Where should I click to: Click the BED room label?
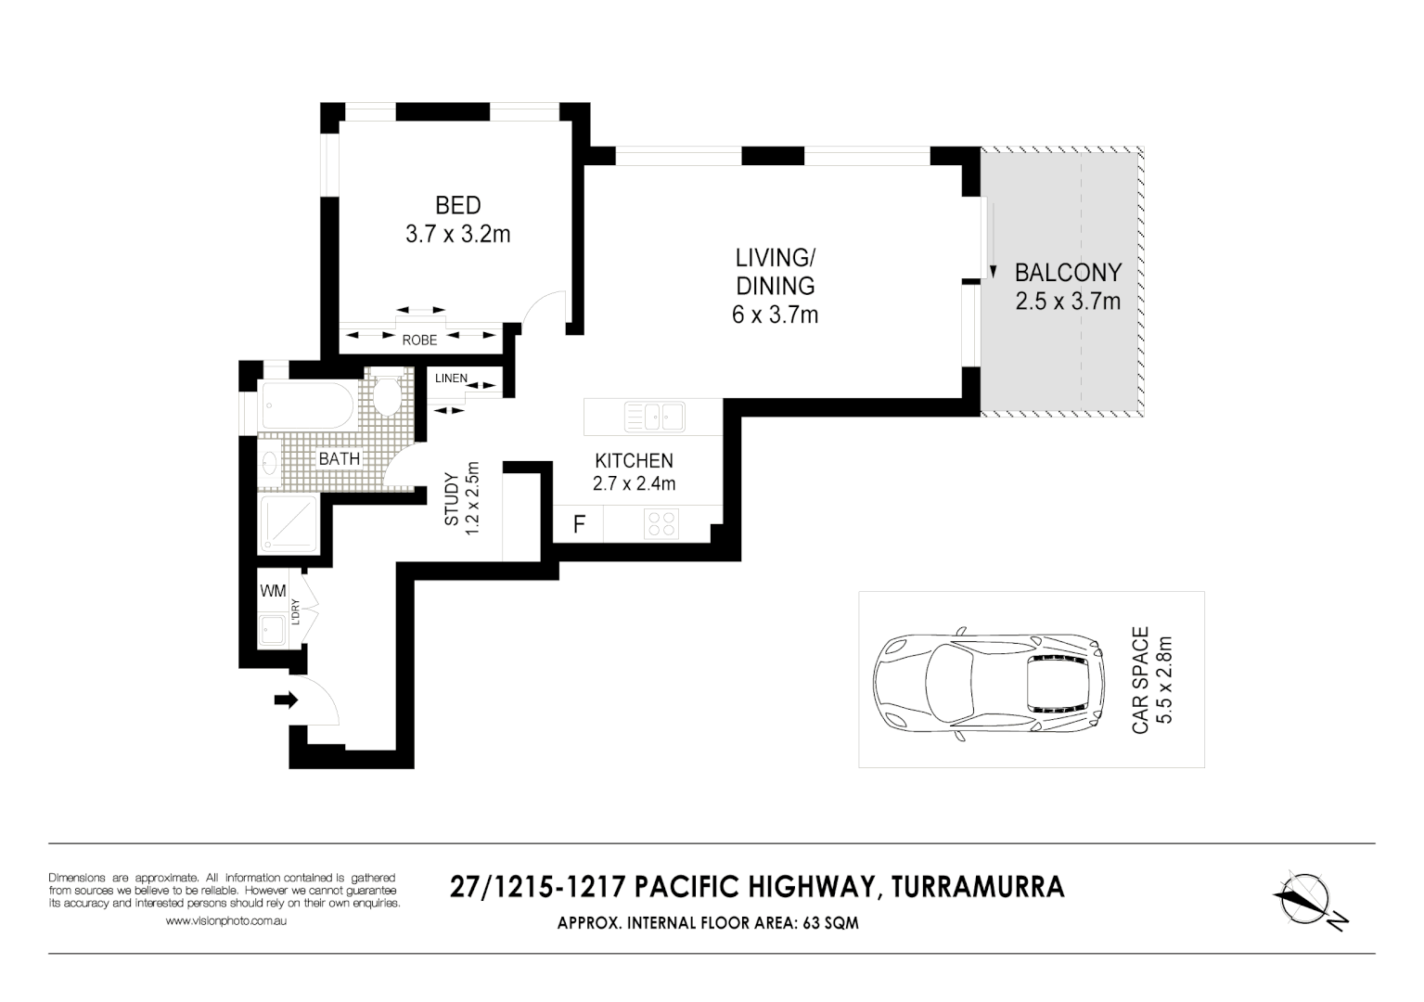click(457, 205)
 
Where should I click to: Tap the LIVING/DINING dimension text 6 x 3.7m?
click(775, 315)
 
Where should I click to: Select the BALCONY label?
click(1068, 273)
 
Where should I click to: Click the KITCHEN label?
click(634, 461)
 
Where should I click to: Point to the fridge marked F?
click(579, 524)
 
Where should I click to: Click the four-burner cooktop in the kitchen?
click(661, 524)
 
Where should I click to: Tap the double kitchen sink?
click(654, 417)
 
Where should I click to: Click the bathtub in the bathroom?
click(307, 406)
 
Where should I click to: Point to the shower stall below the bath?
click(289, 524)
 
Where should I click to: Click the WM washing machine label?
click(273, 591)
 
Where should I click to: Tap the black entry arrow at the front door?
click(286, 700)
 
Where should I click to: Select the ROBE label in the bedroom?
click(419, 340)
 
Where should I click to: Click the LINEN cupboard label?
click(451, 379)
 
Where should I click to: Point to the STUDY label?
click(452, 501)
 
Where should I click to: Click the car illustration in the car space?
click(988, 686)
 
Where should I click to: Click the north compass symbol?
click(1308, 899)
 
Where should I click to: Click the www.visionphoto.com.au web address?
click(225, 921)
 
